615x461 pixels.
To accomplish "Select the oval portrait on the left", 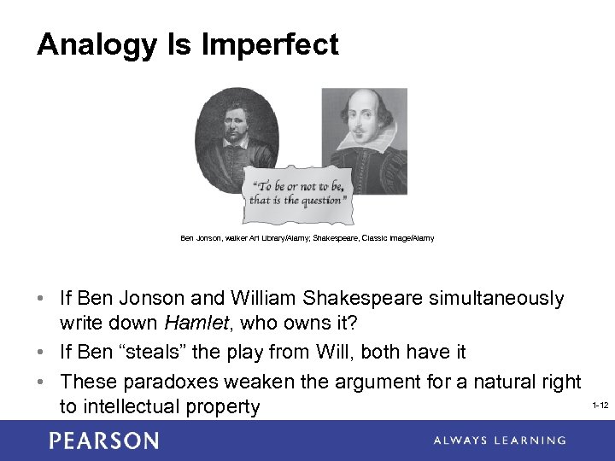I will (236, 128).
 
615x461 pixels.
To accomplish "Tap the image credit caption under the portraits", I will (307, 238).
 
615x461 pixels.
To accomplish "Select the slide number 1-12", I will (599, 405).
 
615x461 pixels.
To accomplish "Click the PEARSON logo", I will (103, 441).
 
